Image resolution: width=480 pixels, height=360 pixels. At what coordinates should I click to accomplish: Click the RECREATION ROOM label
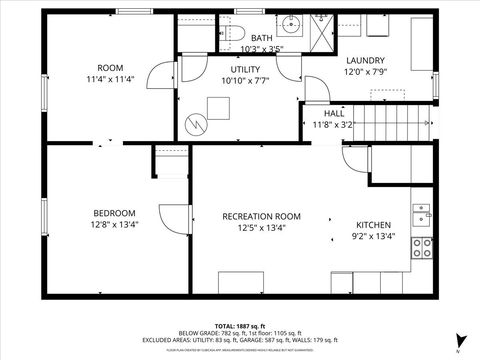pyautogui.click(x=261, y=216)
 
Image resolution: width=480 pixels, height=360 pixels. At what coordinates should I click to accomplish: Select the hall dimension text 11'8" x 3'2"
pyautogui.click(x=334, y=125)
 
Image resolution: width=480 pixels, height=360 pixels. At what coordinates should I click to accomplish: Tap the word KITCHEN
pyautogui.click(x=374, y=225)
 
